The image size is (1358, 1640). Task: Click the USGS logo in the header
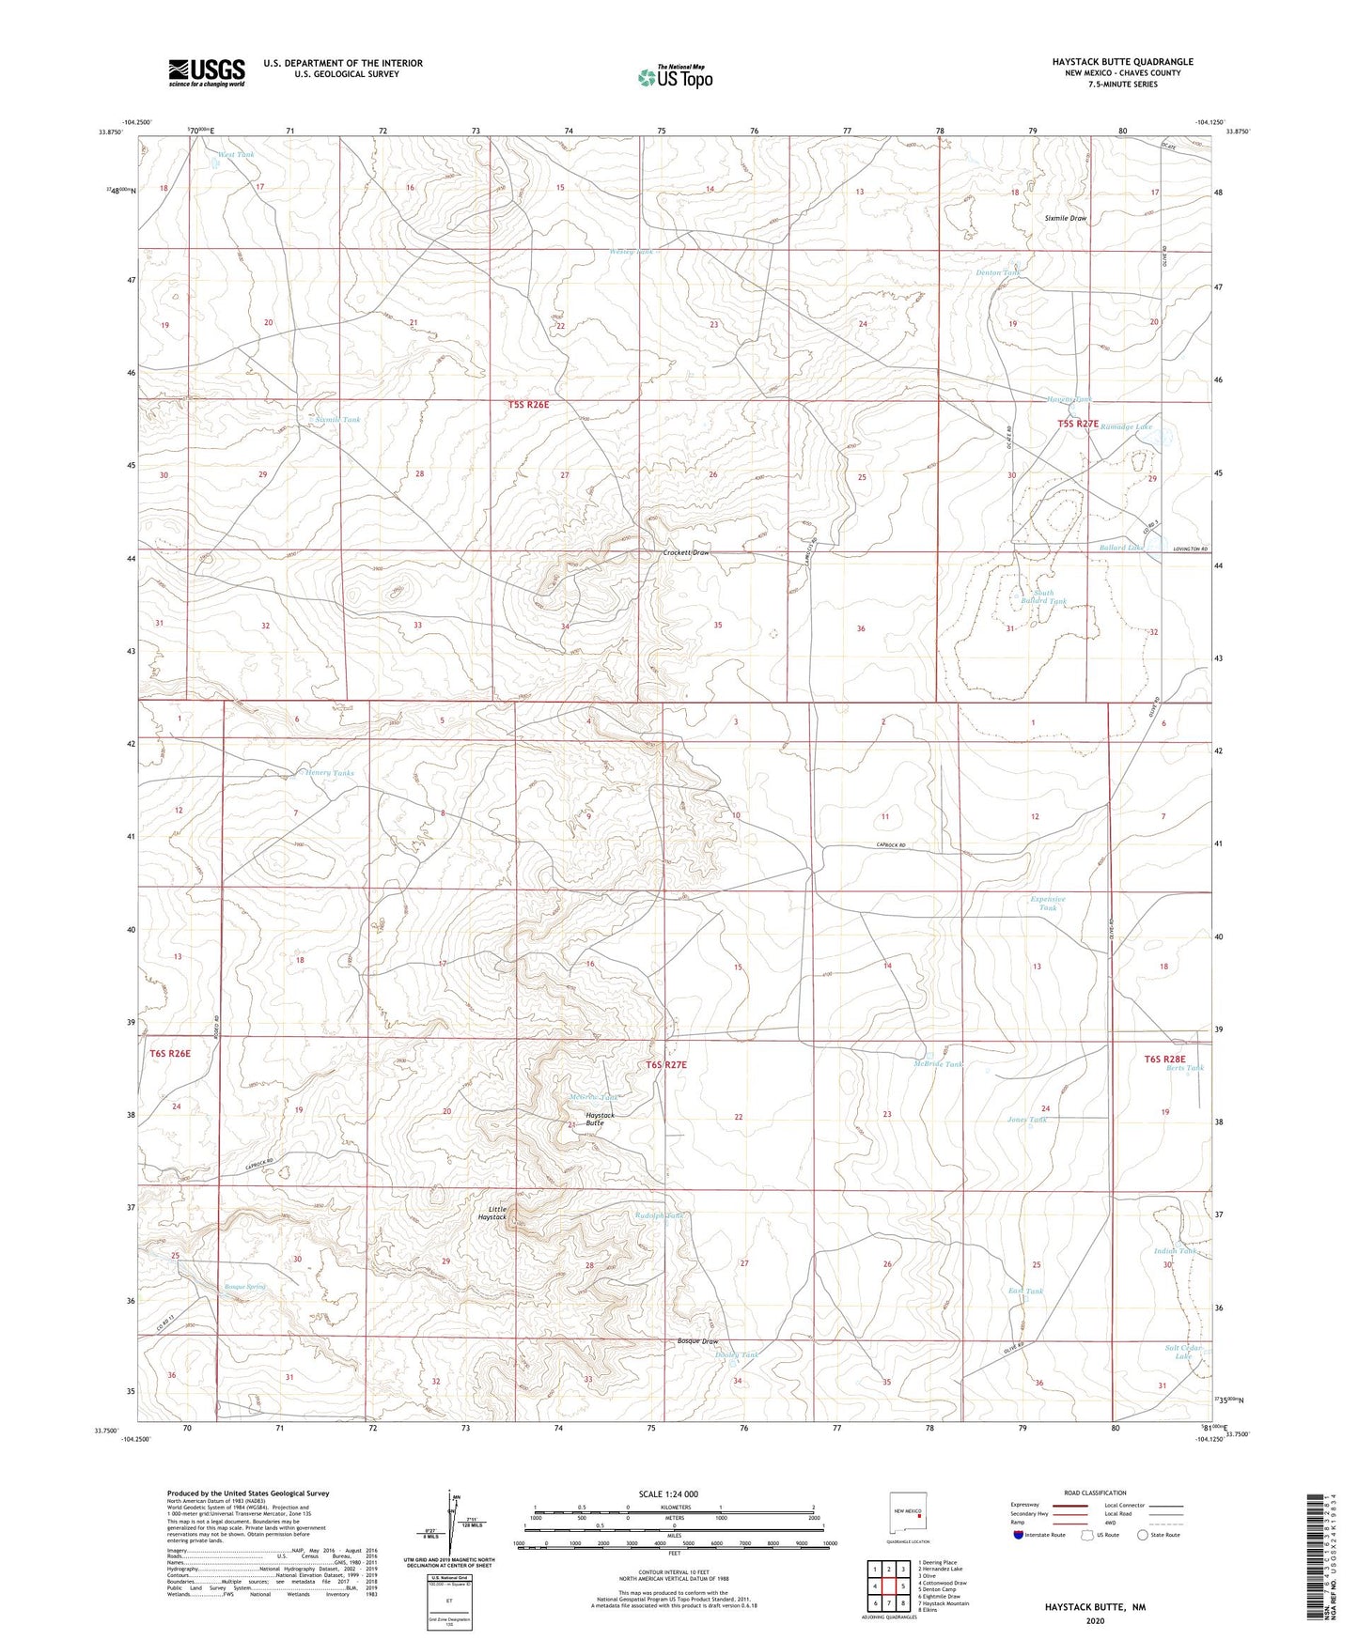point(207,72)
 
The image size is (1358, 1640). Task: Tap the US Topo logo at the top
point(674,76)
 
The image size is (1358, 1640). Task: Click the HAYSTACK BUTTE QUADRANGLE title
point(1122,62)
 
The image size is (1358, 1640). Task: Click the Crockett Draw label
point(685,553)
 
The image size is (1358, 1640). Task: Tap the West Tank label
point(236,155)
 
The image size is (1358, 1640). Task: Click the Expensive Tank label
point(1048,904)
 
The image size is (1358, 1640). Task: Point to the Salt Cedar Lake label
point(1183,1353)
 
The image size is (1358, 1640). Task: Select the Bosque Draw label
point(697,1341)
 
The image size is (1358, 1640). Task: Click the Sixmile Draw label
point(1065,218)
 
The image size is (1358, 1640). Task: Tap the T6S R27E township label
point(666,1065)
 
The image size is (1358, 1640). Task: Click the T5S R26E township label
point(528,405)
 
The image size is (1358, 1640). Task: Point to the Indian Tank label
point(1176,1251)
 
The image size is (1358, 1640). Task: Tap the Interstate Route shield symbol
point(1019,1535)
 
